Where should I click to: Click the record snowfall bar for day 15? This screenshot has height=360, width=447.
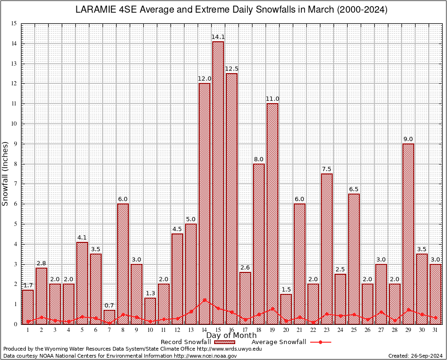pyautogui.click(x=218, y=183)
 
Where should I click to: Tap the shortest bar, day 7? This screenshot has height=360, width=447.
pyautogui.click(x=109, y=317)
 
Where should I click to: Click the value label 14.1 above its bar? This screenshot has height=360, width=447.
pyautogui.click(x=218, y=37)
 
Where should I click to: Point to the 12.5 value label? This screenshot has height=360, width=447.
pyautogui.click(x=231, y=69)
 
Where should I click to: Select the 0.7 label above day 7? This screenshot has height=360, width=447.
pyautogui.click(x=109, y=306)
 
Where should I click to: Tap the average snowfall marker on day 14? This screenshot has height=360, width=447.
pyautogui.click(x=204, y=300)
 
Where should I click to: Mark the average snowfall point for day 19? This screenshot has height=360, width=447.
pyautogui.click(x=272, y=309)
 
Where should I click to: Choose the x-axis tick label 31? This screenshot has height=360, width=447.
pyautogui.click(x=435, y=330)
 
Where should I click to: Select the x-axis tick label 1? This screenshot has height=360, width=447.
pyautogui.click(x=28, y=330)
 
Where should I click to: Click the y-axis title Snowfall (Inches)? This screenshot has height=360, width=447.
pyautogui.click(x=6, y=173)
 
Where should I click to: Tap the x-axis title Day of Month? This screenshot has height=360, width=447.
pyautogui.click(x=231, y=335)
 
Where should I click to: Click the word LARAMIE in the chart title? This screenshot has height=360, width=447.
pyautogui.click(x=97, y=9)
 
